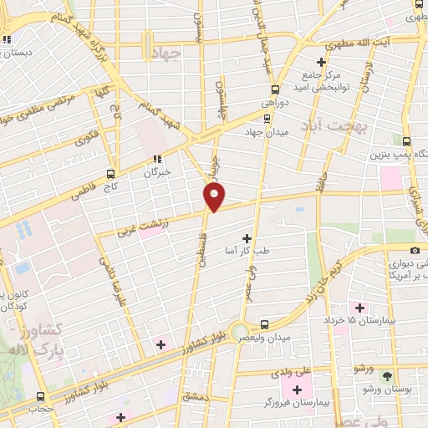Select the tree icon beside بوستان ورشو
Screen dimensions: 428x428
[x=386, y=375]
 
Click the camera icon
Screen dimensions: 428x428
[x=415, y=250]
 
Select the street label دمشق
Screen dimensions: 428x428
[x=195, y=396]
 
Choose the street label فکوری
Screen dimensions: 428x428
[x=86, y=135]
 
